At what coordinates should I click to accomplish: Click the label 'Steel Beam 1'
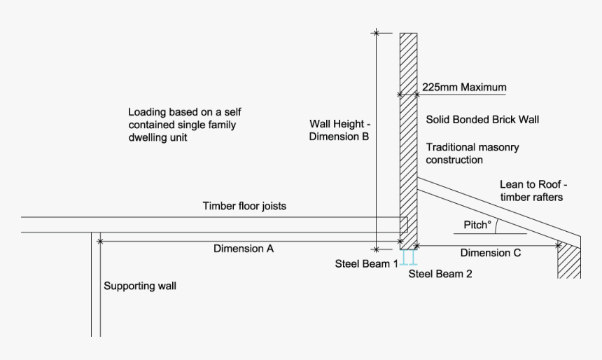coord(367,263)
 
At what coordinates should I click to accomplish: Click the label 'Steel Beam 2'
coord(440,274)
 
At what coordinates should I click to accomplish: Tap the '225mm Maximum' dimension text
coord(463,88)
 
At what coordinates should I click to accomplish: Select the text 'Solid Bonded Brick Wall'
coord(482,120)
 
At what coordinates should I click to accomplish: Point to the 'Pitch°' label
coord(477,226)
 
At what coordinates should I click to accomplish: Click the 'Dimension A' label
coord(244,249)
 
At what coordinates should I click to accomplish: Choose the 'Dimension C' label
coord(490,254)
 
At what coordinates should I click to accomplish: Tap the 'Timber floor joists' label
coord(244,207)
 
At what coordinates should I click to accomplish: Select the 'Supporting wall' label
coord(140,286)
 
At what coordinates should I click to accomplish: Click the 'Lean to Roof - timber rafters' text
coord(533,191)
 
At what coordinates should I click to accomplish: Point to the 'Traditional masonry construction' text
coord(472,153)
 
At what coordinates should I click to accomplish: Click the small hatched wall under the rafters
coord(569,262)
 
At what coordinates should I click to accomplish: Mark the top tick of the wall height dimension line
coord(377,32)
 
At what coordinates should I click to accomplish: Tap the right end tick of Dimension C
coord(558,245)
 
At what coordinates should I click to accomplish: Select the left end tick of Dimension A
coord(100,241)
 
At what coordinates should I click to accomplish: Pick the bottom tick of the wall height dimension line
coord(377,248)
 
